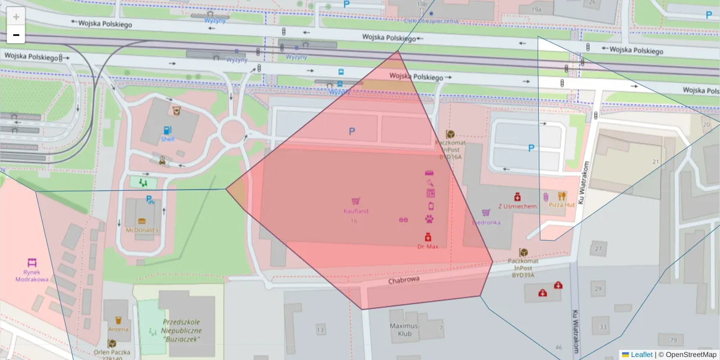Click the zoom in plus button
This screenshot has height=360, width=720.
pyautogui.click(x=16, y=17)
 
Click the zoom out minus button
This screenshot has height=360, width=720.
pyautogui.click(x=16, y=35)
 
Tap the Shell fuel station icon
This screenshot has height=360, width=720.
pyautogui.click(x=167, y=130)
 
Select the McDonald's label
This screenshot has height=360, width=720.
pyautogui.click(x=142, y=230)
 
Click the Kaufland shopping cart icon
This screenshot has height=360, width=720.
pyautogui.click(x=356, y=202)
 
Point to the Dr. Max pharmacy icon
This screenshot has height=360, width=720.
pyautogui.click(x=428, y=237)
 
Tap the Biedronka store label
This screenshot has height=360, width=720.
pyautogui.click(x=486, y=222)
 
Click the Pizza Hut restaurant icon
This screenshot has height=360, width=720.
pyautogui.click(x=562, y=196)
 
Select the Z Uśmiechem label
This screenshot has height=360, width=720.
pyautogui.click(x=517, y=206)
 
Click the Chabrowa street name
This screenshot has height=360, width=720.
pyautogui.click(x=403, y=280)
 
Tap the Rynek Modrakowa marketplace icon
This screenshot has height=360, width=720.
pyautogui.click(x=31, y=263)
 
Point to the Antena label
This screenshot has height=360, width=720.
pyautogui.click(x=118, y=329)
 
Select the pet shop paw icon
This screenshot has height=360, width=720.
pyautogui.click(x=430, y=219)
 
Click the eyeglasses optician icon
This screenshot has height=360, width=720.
pyautogui.click(x=404, y=220)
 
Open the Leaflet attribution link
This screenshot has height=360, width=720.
pyautogui.click(x=641, y=355)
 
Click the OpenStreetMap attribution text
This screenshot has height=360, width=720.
pyautogui.click(x=691, y=355)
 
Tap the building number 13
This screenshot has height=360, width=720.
pyautogui.click(x=320, y=330)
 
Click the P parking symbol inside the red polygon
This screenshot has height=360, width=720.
pyautogui.click(x=352, y=131)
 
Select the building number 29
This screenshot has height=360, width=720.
pyautogui.click(x=598, y=289)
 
